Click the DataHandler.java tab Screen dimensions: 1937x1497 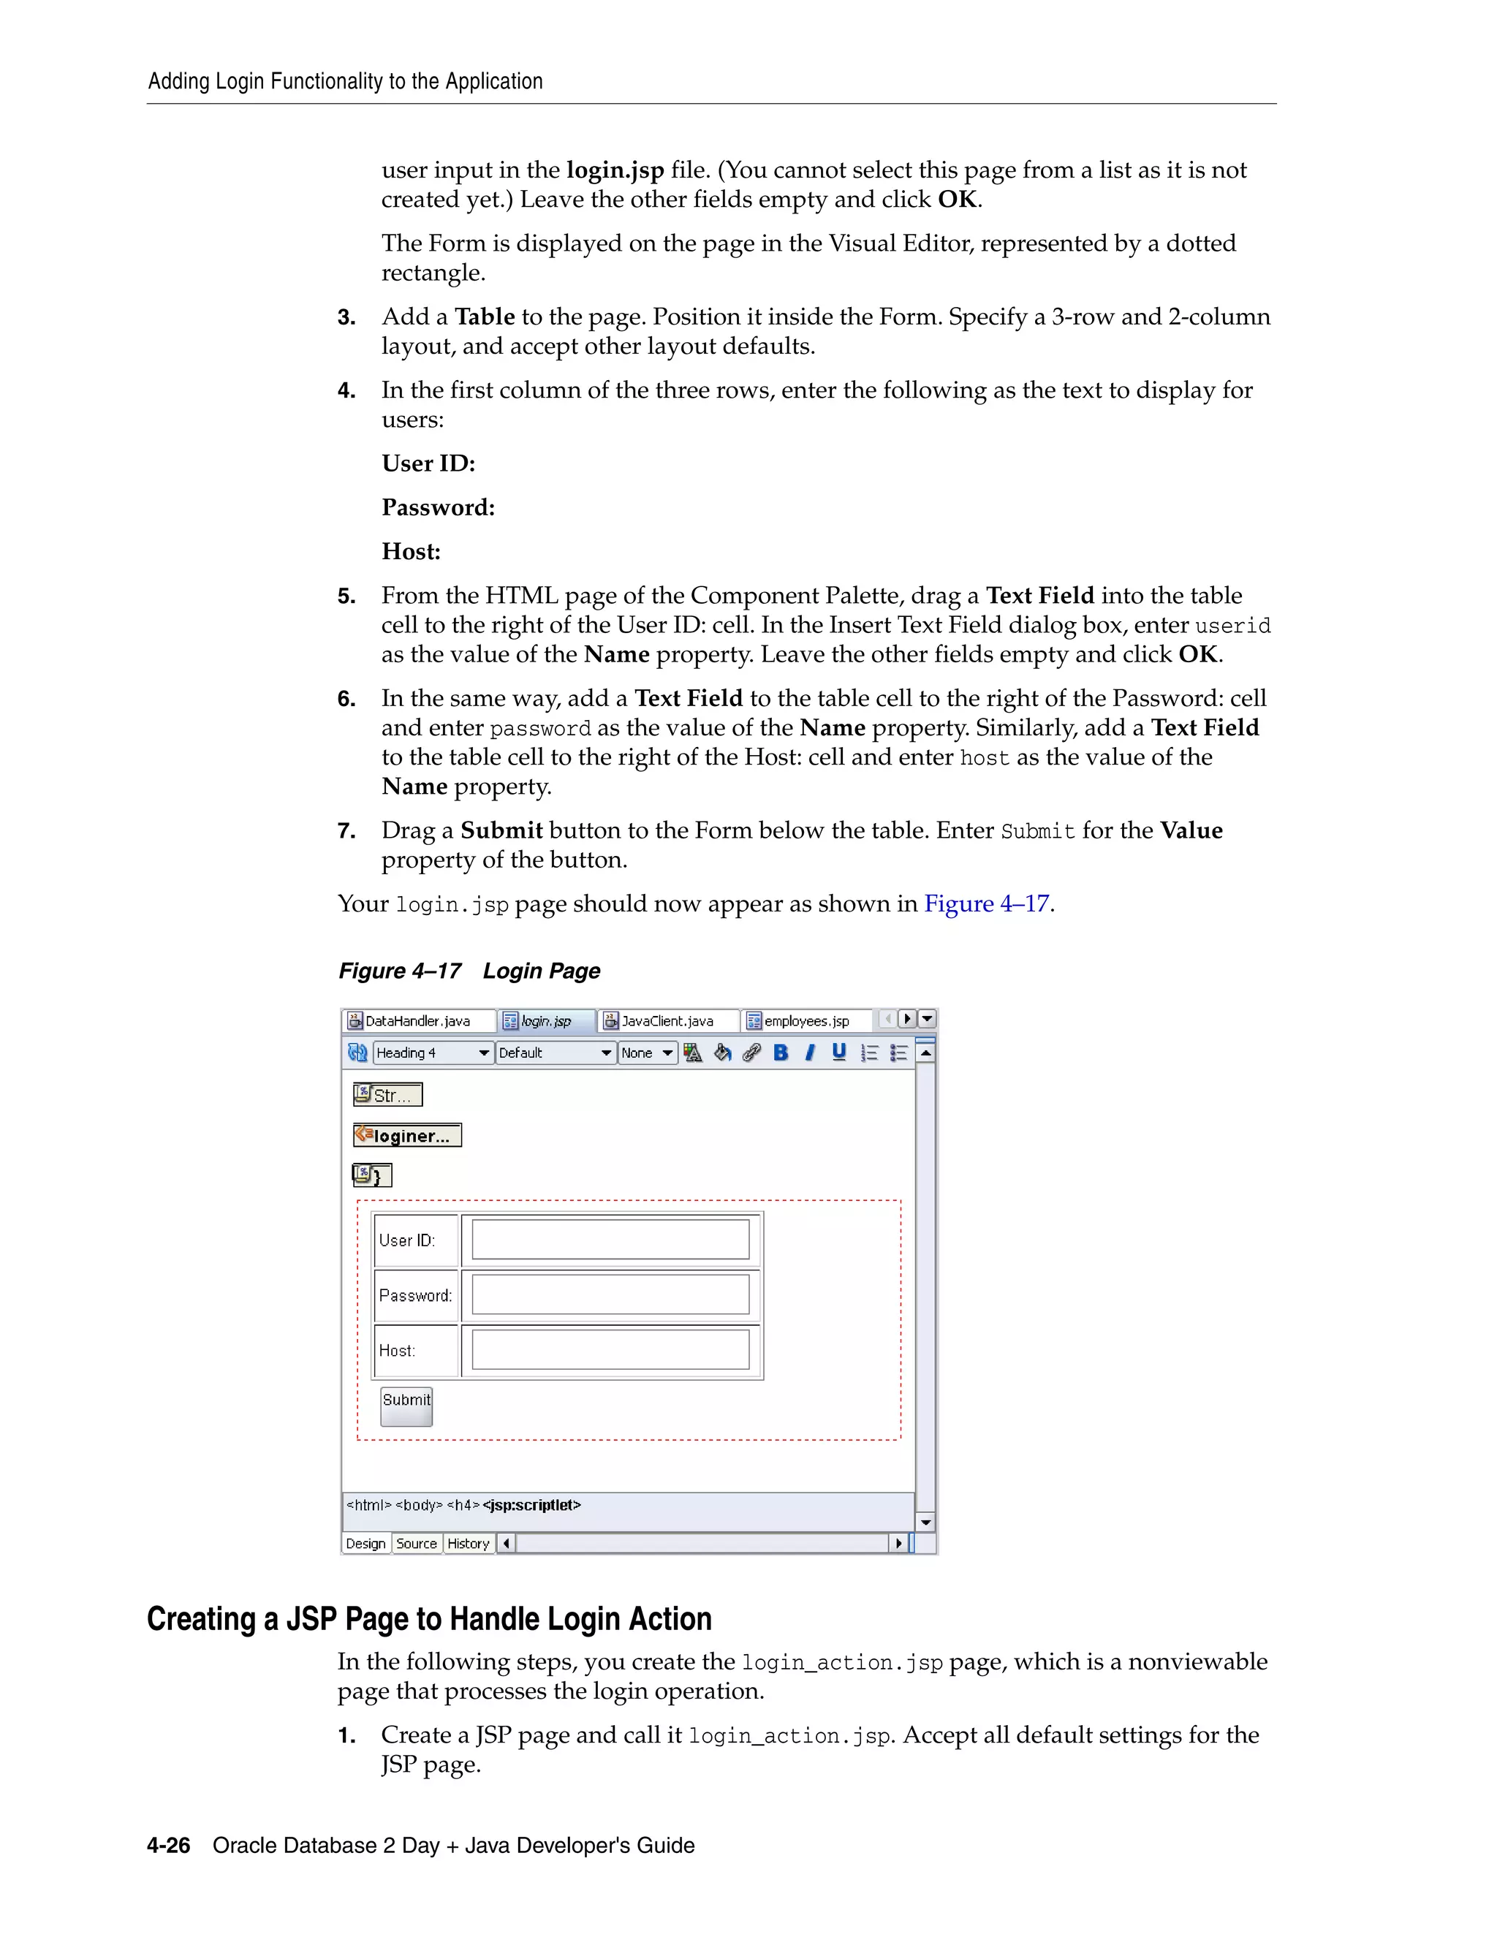pos(417,1021)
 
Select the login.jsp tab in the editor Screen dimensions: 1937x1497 pos(545,1021)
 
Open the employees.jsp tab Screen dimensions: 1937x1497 pos(806,1021)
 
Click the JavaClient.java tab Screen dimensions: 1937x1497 pos(666,1021)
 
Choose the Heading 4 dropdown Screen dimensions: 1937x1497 pos(433,1053)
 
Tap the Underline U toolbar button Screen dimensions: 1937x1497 pos(839,1053)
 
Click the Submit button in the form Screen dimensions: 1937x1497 pos(406,1406)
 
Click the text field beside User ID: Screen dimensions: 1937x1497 pos(610,1239)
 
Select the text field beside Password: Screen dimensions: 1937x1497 pos(610,1295)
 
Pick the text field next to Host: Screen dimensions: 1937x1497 pos(610,1350)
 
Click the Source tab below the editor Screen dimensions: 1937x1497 pos(416,1543)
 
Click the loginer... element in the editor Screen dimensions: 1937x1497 pos(408,1135)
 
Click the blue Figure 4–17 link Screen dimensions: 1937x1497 pos(986,903)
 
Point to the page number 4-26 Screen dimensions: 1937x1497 pos(169,1846)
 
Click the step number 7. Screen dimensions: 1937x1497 pos(346,831)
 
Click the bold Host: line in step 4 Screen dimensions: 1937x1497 pos(411,552)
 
